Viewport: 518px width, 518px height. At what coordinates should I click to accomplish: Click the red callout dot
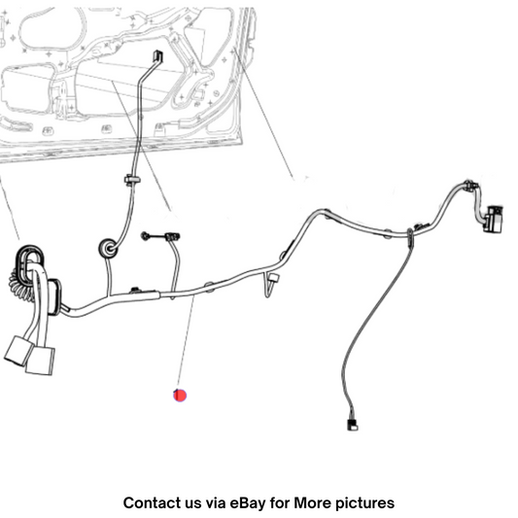pos(180,396)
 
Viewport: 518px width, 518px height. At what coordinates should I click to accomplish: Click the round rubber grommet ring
pos(108,248)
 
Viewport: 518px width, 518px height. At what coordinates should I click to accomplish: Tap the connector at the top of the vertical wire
pos(157,56)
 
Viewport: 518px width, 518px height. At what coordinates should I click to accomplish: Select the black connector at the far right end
pos(494,219)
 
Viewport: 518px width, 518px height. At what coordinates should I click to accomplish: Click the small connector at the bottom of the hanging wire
pos(352,424)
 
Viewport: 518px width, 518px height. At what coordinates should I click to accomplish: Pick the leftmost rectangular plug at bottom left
pos(18,351)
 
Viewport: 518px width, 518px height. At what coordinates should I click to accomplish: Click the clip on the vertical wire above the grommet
pos(132,181)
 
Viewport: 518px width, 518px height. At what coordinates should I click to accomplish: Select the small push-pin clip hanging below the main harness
pos(271,284)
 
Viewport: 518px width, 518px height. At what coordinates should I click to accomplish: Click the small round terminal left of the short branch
pos(145,235)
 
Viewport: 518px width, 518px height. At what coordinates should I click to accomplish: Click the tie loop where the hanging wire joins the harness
pos(410,236)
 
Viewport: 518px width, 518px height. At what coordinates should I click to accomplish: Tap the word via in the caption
pos(216,503)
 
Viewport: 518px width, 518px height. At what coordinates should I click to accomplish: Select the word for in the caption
pos(280,503)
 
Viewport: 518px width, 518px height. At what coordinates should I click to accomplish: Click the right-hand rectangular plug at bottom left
pos(40,361)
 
